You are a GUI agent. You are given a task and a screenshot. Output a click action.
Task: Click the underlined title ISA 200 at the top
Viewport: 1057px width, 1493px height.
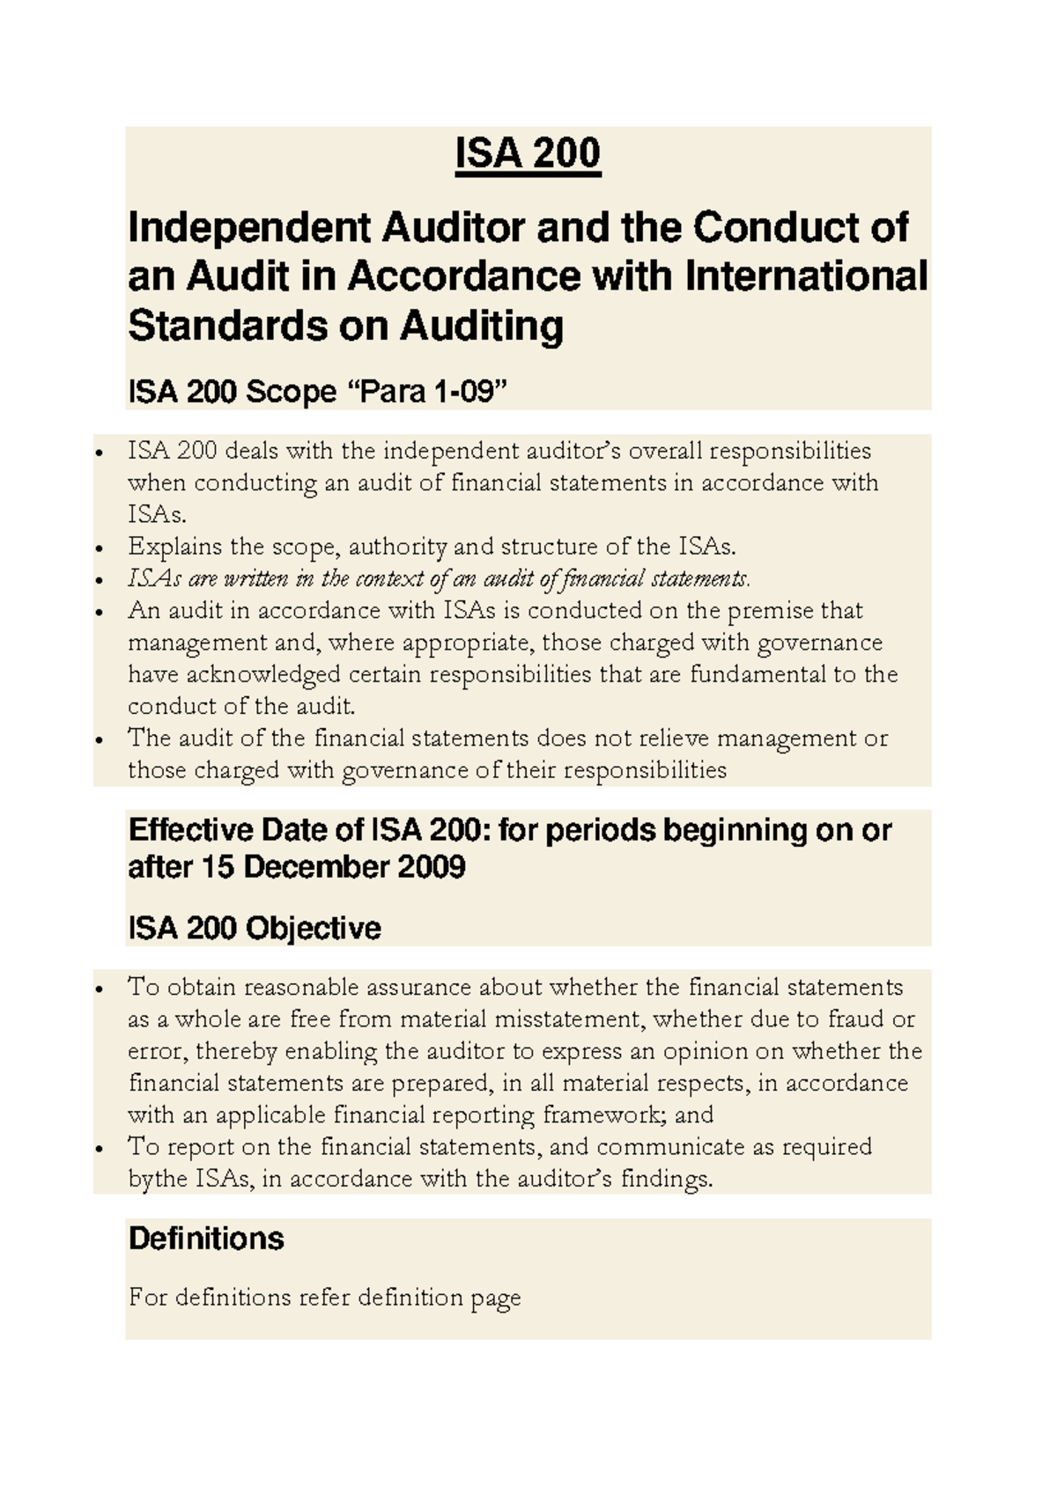tap(528, 154)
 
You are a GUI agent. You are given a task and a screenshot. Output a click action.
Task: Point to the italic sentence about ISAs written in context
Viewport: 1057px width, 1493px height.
tap(439, 578)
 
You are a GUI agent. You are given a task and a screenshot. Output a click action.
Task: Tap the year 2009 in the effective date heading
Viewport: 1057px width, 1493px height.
tap(431, 867)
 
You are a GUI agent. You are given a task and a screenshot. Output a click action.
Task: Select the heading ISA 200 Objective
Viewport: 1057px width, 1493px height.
tap(255, 928)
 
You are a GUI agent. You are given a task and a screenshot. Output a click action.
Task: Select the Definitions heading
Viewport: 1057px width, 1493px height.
tap(206, 1239)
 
